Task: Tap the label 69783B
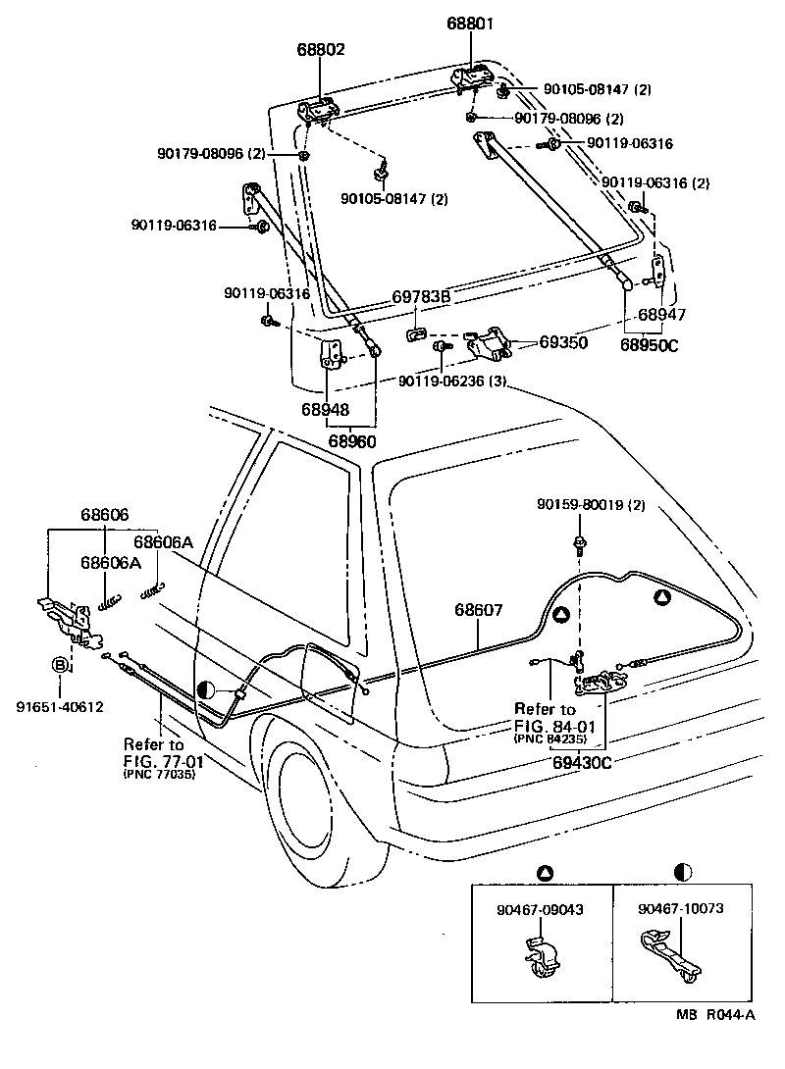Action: (421, 295)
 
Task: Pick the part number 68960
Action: (352, 440)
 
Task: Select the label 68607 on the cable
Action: (478, 610)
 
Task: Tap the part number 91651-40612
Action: (60, 706)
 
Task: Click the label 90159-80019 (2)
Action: (592, 505)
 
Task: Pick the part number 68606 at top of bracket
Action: (105, 515)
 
